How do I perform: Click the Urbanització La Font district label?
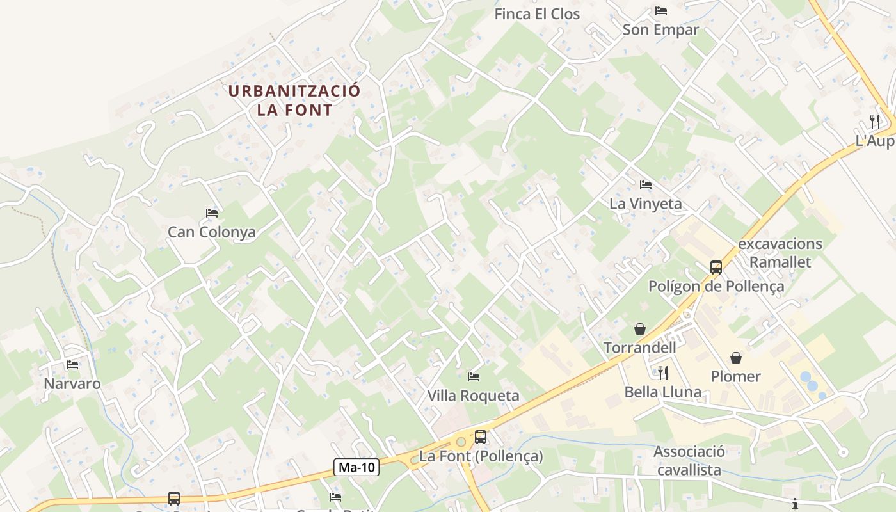tap(294, 100)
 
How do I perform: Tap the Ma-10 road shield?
tap(356, 467)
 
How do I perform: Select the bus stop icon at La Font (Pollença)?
tap(481, 437)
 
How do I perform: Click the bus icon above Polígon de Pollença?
tap(716, 268)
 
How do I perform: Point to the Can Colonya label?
tap(211, 232)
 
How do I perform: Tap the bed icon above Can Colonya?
tap(212, 212)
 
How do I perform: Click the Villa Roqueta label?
tap(473, 396)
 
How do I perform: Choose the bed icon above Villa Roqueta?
tap(474, 376)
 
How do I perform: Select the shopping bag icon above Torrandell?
tap(639, 329)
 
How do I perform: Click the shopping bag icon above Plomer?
tap(736, 357)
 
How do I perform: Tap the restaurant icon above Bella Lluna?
tap(663, 372)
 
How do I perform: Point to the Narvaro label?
tap(72, 384)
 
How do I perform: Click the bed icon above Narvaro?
tap(72, 365)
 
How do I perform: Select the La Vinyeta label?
tap(646, 204)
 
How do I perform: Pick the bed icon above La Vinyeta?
tap(646, 185)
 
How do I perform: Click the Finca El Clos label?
tap(537, 14)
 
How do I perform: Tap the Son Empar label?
tap(660, 29)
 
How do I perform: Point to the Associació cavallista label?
tap(689, 461)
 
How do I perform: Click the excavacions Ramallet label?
tap(780, 253)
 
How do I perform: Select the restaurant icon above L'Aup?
tap(875, 121)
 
